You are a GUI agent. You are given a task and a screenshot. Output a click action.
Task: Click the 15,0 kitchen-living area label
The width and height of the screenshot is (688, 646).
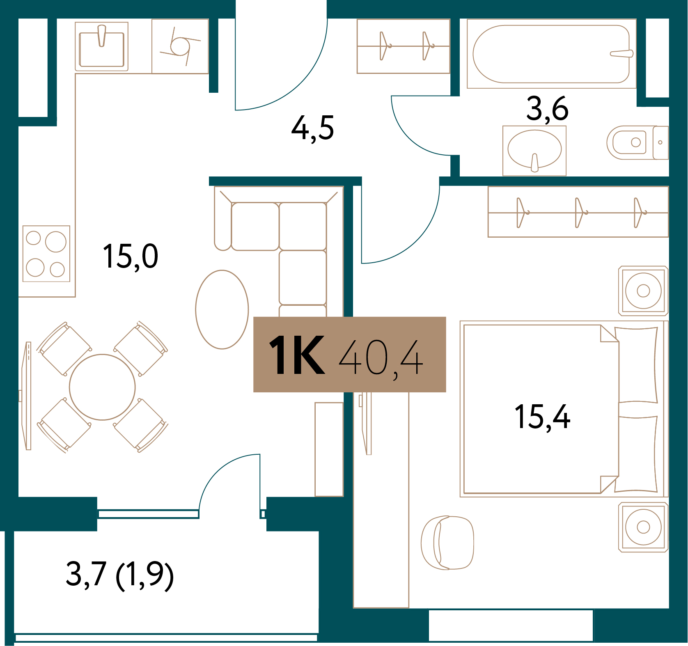pyautogui.click(x=131, y=257)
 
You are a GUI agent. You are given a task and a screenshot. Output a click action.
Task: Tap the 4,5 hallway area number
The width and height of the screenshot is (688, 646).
pyautogui.click(x=312, y=128)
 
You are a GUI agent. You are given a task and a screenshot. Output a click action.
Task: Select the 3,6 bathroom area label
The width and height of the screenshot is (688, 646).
pyautogui.click(x=547, y=109)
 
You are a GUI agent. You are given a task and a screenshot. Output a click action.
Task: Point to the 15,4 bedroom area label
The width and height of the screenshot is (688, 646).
pyautogui.click(x=542, y=417)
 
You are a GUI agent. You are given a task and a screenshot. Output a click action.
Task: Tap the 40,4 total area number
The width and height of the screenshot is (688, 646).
pyautogui.click(x=381, y=357)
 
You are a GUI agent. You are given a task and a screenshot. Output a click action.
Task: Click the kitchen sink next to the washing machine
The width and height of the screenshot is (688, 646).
pyautogui.click(x=101, y=47)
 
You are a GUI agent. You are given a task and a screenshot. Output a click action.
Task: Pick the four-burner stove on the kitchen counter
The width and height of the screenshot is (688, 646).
pyautogui.click(x=46, y=254)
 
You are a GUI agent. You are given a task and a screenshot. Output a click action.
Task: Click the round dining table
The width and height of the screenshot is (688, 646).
pyautogui.click(x=102, y=387)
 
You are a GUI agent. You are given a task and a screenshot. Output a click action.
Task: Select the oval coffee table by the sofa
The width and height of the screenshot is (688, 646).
pyautogui.click(x=222, y=309)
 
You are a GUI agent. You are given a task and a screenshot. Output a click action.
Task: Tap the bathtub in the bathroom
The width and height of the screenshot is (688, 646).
pyautogui.click(x=551, y=54)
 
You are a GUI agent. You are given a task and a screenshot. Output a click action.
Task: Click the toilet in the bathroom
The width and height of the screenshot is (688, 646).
pyautogui.click(x=637, y=142)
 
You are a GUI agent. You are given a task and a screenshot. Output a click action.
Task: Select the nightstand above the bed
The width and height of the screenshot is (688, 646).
pyautogui.click(x=643, y=291)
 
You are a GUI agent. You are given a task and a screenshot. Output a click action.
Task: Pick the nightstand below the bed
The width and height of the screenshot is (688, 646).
pyautogui.click(x=643, y=527)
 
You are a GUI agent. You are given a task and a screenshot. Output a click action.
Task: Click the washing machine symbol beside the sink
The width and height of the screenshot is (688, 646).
pyautogui.click(x=180, y=46)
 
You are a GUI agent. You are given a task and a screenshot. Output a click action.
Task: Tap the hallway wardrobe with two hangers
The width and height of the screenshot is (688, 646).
pyautogui.click(x=404, y=46)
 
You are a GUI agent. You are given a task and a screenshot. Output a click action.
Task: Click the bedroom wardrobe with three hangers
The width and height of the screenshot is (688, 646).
pyautogui.click(x=578, y=212)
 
